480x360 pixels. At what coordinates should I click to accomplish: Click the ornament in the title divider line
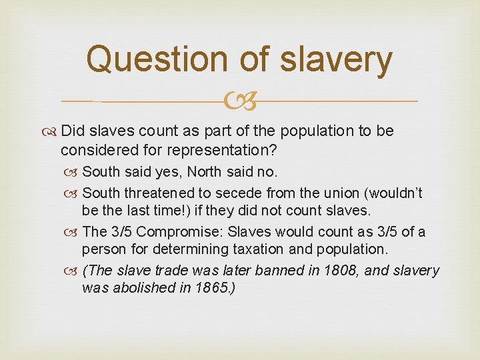point(241,102)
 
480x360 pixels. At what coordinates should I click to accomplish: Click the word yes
point(165,173)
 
